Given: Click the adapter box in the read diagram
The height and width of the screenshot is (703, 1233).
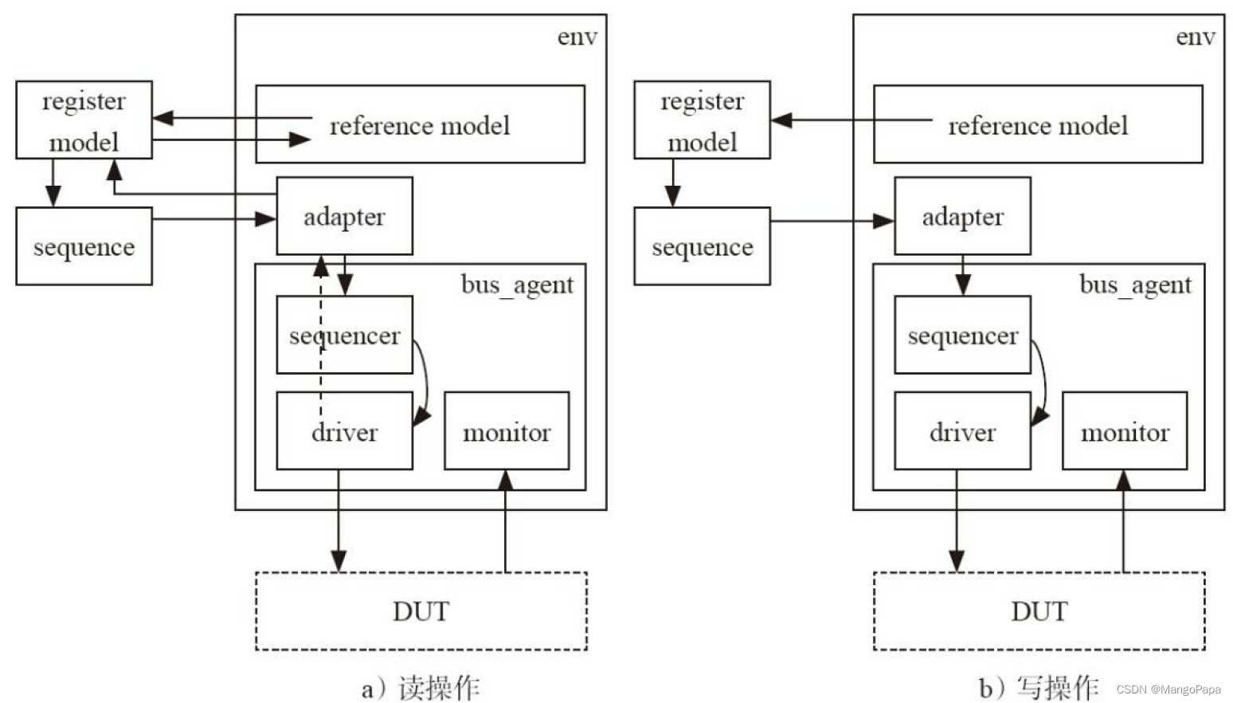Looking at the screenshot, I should tap(344, 216).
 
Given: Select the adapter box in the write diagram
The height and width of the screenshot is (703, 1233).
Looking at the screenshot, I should tap(962, 216).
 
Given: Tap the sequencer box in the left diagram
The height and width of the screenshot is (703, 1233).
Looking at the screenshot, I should tap(344, 335).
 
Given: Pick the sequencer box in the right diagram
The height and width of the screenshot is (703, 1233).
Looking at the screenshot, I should tap(962, 335).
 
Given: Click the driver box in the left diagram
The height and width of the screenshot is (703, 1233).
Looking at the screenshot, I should tap(344, 431).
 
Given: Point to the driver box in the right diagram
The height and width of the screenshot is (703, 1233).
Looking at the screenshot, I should tap(962, 431).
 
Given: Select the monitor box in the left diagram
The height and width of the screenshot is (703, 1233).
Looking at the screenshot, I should tap(507, 431).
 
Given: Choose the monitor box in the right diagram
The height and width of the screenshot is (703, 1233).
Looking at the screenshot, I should tap(1125, 431).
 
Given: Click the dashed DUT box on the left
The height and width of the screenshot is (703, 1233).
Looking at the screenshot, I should tap(421, 611).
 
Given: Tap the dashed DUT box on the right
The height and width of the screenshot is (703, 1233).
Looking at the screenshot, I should tap(1039, 611).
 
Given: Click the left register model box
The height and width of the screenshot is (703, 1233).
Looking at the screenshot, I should tap(84, 120).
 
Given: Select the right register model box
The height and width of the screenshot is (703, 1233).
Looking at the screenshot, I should tap(702, 120).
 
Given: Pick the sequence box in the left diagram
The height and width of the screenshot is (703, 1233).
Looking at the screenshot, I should tap(84, 246).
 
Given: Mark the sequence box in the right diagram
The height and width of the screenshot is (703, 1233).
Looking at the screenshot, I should tap(702, 246).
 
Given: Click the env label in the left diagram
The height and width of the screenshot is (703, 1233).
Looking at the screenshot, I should tap(577, 37).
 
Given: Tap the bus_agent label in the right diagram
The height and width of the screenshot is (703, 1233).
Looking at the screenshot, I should tap(1135, 285).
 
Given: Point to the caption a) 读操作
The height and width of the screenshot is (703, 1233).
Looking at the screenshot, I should tap(421, 687).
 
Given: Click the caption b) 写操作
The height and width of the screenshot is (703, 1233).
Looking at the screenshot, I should tap(1039, 687).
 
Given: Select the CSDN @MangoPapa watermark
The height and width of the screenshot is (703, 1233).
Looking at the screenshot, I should tap(1168, 689).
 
